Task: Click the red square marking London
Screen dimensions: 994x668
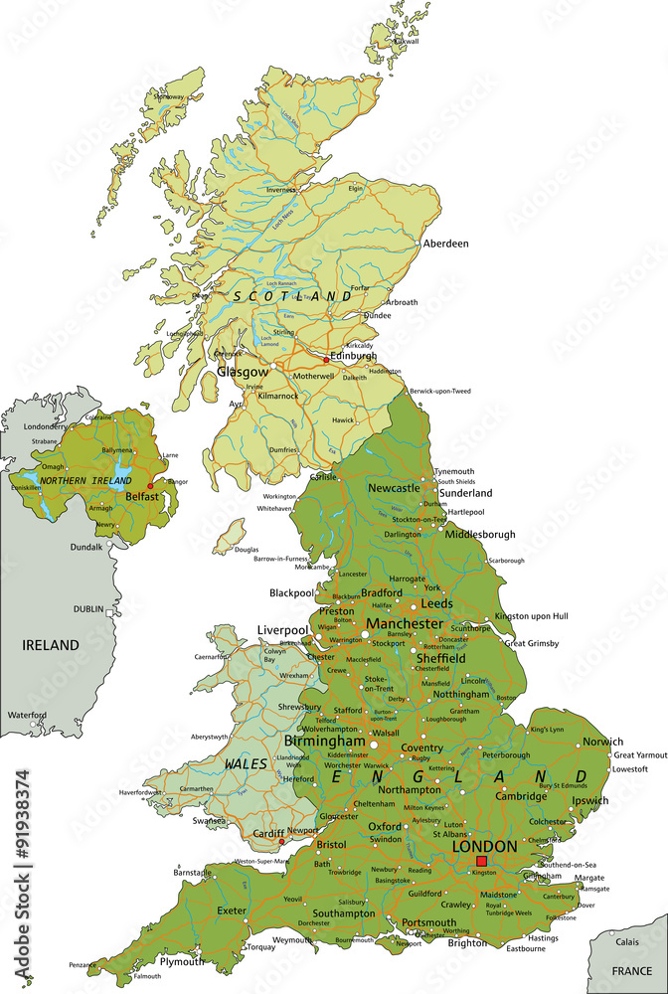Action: click(x=482, y=861)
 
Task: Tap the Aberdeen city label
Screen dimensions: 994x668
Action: click(x=445, y=244)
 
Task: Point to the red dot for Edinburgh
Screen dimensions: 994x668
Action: click(x=326, y=361)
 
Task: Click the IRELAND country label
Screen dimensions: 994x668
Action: click(x=51, y=645)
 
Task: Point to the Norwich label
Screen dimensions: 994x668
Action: click(x=603, y=742)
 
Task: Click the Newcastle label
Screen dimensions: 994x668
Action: click(x=395, y=488)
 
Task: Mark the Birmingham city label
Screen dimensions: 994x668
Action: click(x=324, y=742)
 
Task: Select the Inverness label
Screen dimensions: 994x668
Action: click(x=281, y=189)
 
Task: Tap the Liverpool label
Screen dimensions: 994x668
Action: click(x=282, y=630)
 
